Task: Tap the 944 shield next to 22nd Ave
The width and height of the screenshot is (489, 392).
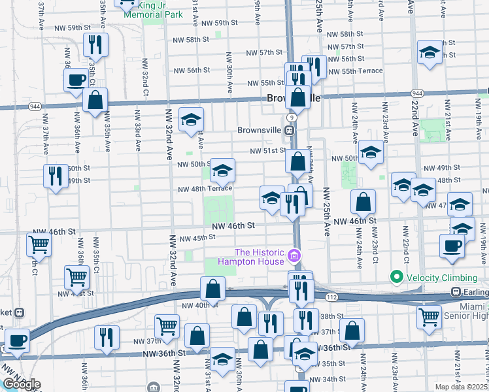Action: tap(417, 93)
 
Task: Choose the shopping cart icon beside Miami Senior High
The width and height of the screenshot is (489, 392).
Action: tap(430, 317)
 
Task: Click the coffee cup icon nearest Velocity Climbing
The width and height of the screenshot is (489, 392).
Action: tap(450, 246)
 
